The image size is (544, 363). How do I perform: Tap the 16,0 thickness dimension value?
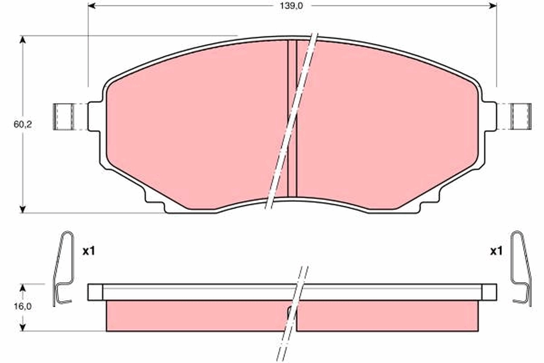(22, 306)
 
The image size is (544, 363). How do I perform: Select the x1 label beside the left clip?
(88, 250)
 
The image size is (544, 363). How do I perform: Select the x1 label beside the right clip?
(496, 250)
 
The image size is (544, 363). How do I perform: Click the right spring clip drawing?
(521, 268)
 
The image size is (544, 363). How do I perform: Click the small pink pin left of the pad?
(63, 117)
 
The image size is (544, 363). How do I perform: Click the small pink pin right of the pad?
(521, 117)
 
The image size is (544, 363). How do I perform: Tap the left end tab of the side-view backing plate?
(95, 292)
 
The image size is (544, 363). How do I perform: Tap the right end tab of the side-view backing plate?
(489, 292)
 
